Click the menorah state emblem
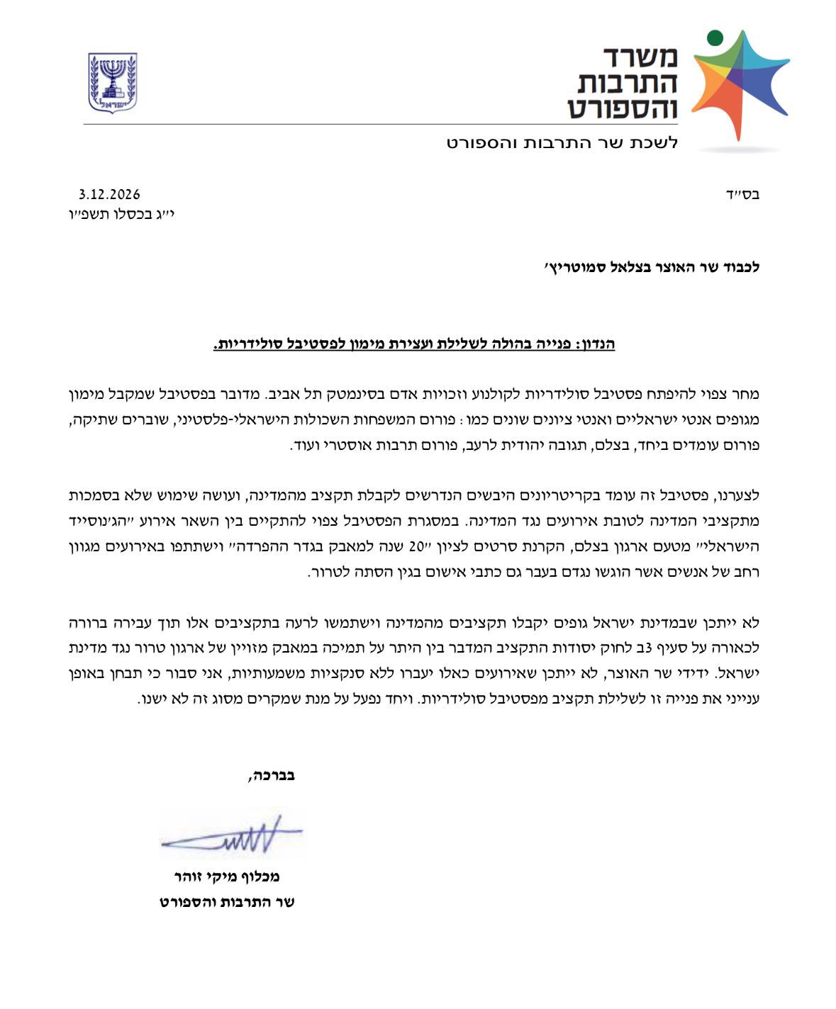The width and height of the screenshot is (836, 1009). [112, 82]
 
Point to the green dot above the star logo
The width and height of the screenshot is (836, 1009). [715, 37]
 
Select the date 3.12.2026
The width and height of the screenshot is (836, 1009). [109, 194]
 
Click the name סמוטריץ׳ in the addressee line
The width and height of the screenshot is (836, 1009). [570, 268]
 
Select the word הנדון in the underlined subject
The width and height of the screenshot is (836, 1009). [597, 344]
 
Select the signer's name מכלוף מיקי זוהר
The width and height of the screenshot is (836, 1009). [227, 876]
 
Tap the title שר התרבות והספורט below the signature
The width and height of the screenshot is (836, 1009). [227, 902]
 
